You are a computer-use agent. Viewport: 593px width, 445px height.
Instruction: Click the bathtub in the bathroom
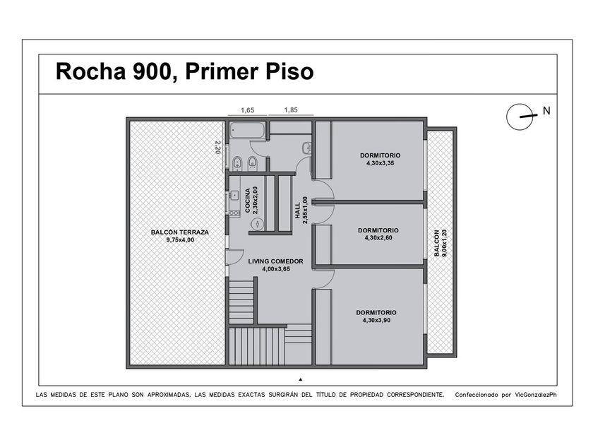click(247, 131)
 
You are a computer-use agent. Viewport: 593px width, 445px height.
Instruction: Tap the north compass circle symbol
click(520, 117)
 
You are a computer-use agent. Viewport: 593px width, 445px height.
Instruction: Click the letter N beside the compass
click(546, 111)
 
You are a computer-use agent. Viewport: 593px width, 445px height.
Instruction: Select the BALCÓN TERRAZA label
click(179, 232)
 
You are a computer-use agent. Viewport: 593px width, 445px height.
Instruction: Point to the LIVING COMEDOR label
click(276, 261)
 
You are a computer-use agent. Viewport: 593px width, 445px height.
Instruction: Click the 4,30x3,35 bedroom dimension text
click(380, 163)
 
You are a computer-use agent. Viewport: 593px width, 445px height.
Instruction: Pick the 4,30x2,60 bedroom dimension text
click(378, 237)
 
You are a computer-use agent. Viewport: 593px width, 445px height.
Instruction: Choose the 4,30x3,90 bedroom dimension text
click(376, 320)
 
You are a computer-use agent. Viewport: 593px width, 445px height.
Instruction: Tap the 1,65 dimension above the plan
click(247, 110)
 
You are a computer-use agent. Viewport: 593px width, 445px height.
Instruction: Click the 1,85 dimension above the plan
click(291, 109)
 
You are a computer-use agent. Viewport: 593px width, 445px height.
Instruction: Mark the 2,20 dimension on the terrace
click(217, 147)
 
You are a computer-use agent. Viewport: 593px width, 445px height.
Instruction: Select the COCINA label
click(247, 201)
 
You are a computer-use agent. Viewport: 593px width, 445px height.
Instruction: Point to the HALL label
click(298, 210)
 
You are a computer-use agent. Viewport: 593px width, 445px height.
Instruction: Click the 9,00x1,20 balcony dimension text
click(444, 243)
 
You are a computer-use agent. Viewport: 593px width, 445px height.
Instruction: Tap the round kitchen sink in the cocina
click(257, 224)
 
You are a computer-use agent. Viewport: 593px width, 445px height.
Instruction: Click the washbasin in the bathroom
click(306, 148)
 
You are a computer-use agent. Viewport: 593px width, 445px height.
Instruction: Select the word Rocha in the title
click(91, 71)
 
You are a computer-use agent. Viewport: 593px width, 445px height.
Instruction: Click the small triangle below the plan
click(301, 379)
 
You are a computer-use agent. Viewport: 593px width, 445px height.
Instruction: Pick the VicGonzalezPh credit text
click(536, 395)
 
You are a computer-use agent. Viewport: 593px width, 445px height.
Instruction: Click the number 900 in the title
click(152, 71)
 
